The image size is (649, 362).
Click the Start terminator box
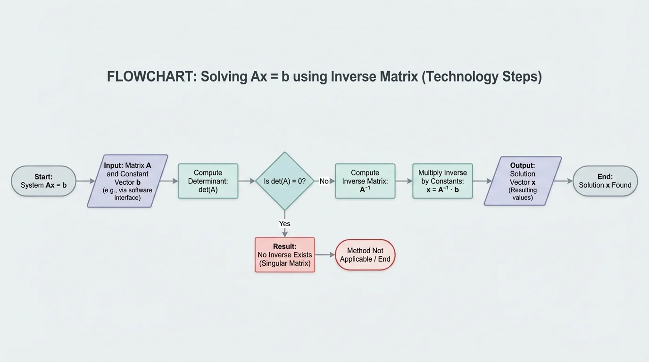(x=43, y=181)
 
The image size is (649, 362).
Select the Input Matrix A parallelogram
(x=127, y=181)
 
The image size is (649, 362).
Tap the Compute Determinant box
(x=208, y=181)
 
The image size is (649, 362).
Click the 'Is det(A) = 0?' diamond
(x=285, y=181)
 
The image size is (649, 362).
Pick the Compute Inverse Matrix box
(x=365, y=181)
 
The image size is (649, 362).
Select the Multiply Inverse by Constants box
(x=442, y=181)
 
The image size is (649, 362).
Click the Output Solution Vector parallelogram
(x=523, y=181)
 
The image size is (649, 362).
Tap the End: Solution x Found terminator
(x=605, y=181)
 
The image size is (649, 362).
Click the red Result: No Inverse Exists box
(x=285, y=255)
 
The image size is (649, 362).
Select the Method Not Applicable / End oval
(x=365, y=255)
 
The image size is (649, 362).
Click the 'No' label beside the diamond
(x=324, y=181)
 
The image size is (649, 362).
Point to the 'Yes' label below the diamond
(x=285, y=223)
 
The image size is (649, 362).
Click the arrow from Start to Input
(x=85, y=181)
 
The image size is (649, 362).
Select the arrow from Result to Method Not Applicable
(x=324, y=255)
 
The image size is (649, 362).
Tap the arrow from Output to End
(x=563, y=181)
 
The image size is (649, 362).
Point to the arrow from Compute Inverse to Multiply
(x=404, y=181)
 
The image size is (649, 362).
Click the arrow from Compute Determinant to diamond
(x=247, y=181)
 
